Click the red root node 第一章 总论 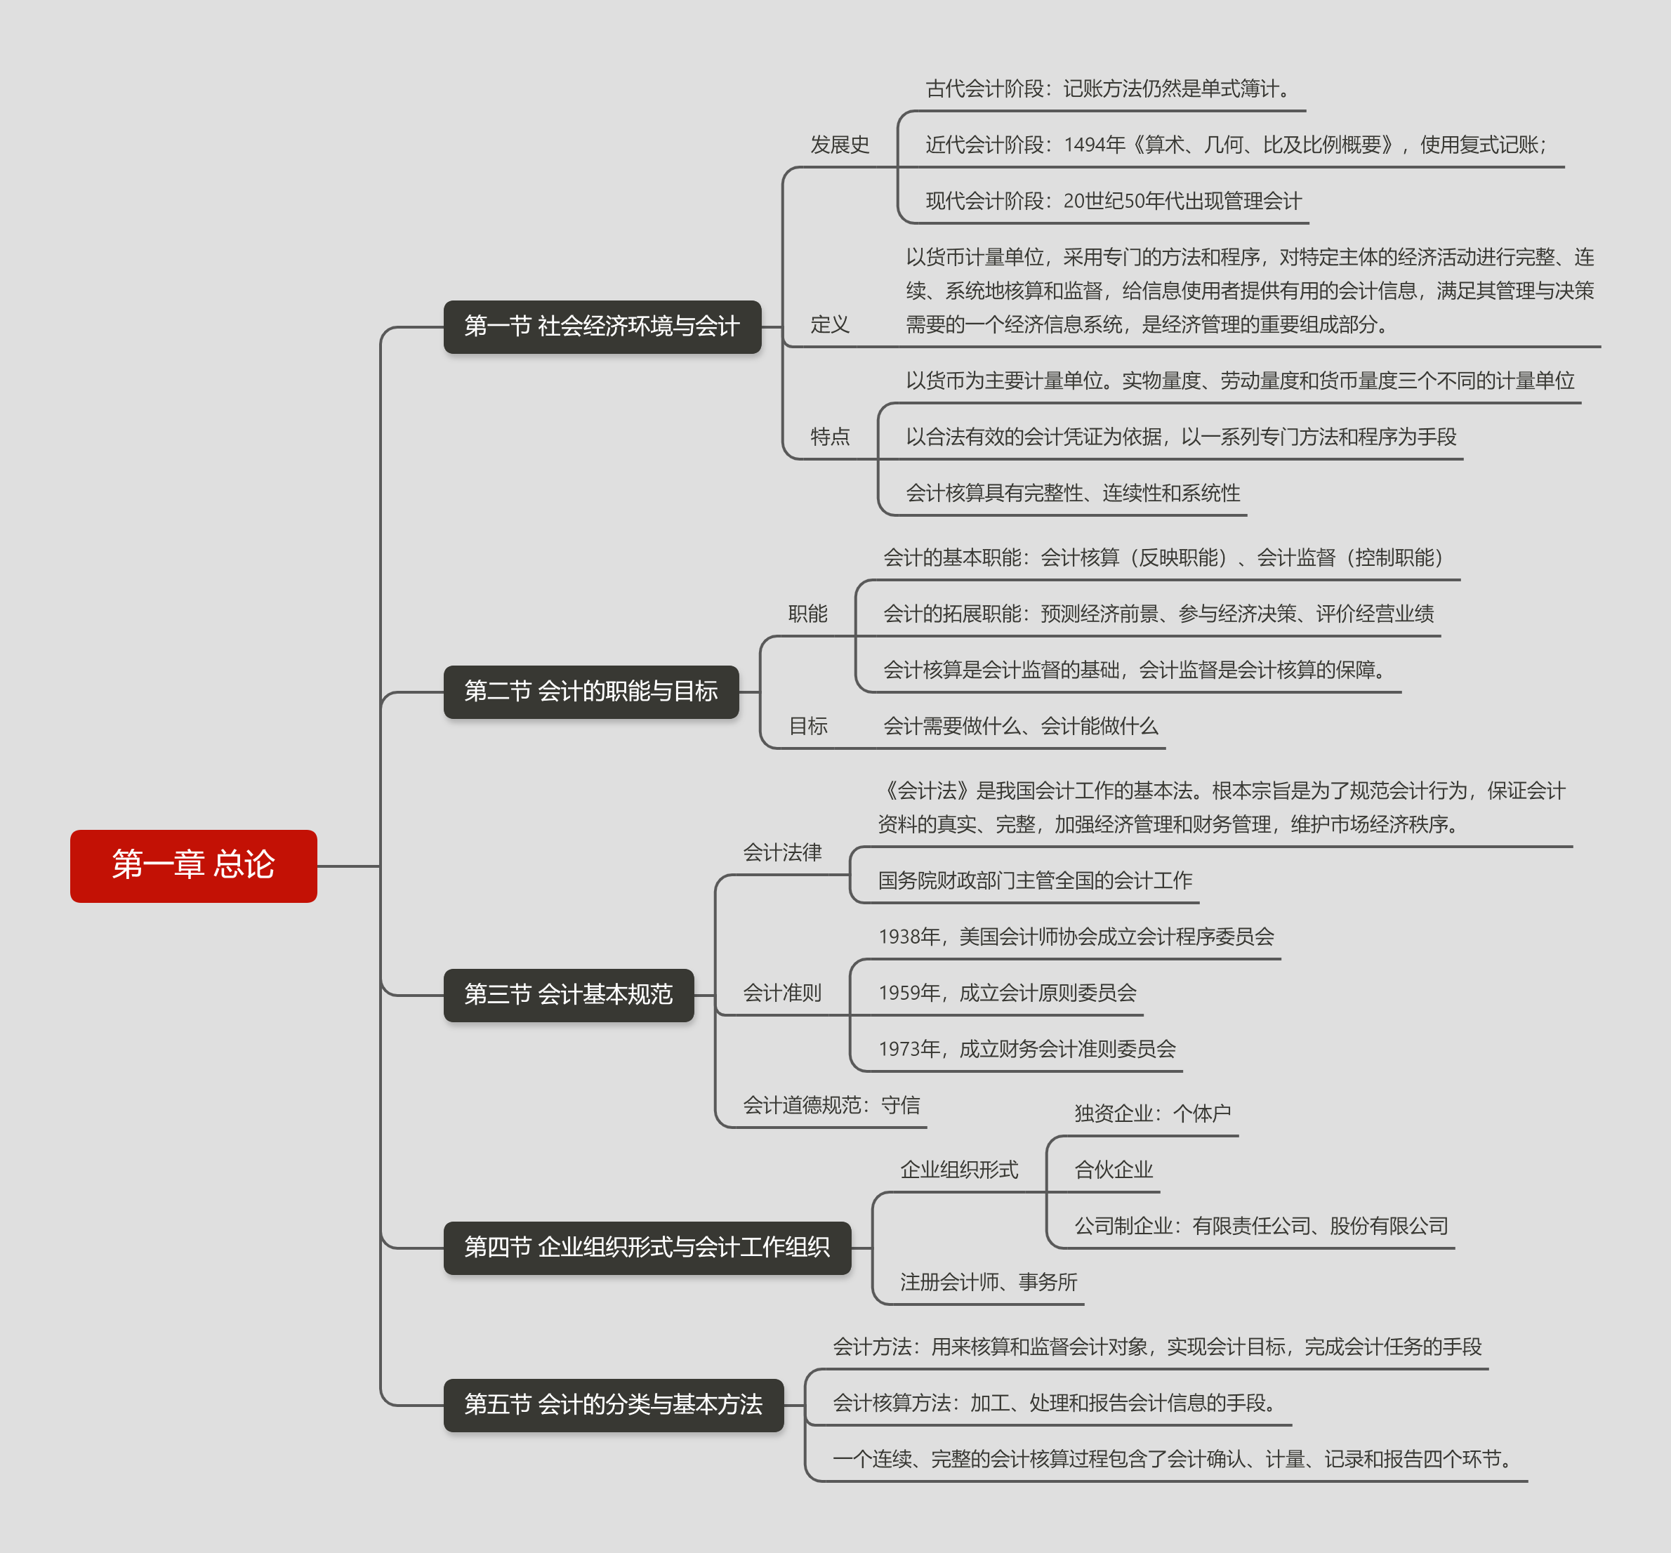click(x=193, y=866)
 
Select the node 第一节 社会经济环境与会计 click(x=602, y=326)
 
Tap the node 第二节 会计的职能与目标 click(x=591, y=692)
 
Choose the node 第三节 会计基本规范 click(x=568, y=995)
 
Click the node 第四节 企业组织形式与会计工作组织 click(x=647, y=1247)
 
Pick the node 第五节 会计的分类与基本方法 click(x=613, y=1404)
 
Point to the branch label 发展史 click(x=839, y=145)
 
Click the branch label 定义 click(x=830, y=324)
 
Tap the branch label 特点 click(x=830, y=436)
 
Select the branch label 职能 click(x=807, y=614)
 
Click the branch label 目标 click(x=807, y=726)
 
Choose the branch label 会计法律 click(x=781, y=852)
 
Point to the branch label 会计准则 click(x=781, y=993)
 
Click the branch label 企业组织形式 click(x=959, y=1169)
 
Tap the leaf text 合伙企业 click(x=1113, y=1169)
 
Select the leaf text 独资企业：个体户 click(x=1151, y=1113)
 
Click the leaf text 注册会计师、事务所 click(x=988, y=1281)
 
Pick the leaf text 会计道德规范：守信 click(x=831, y=1105)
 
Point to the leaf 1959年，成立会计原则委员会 click(x=1007, y=993)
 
